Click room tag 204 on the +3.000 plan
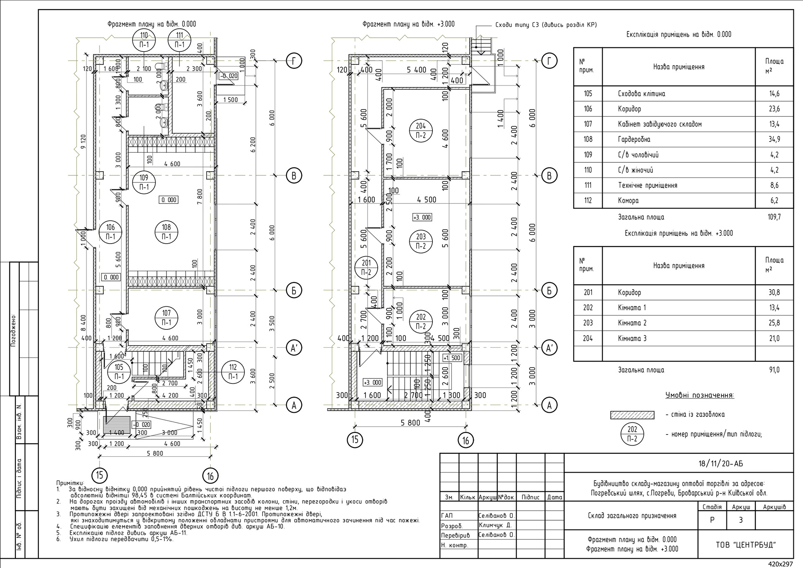421,131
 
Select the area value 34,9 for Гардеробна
774,139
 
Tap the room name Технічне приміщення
647,185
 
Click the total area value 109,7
774,217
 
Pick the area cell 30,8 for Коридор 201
774,293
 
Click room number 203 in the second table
588,323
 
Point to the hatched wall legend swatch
632,415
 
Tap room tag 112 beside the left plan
233,372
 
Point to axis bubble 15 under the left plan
100,475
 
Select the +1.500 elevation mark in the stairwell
452,358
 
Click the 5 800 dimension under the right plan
410,423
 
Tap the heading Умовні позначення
699,395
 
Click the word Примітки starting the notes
70,483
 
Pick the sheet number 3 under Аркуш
741,520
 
